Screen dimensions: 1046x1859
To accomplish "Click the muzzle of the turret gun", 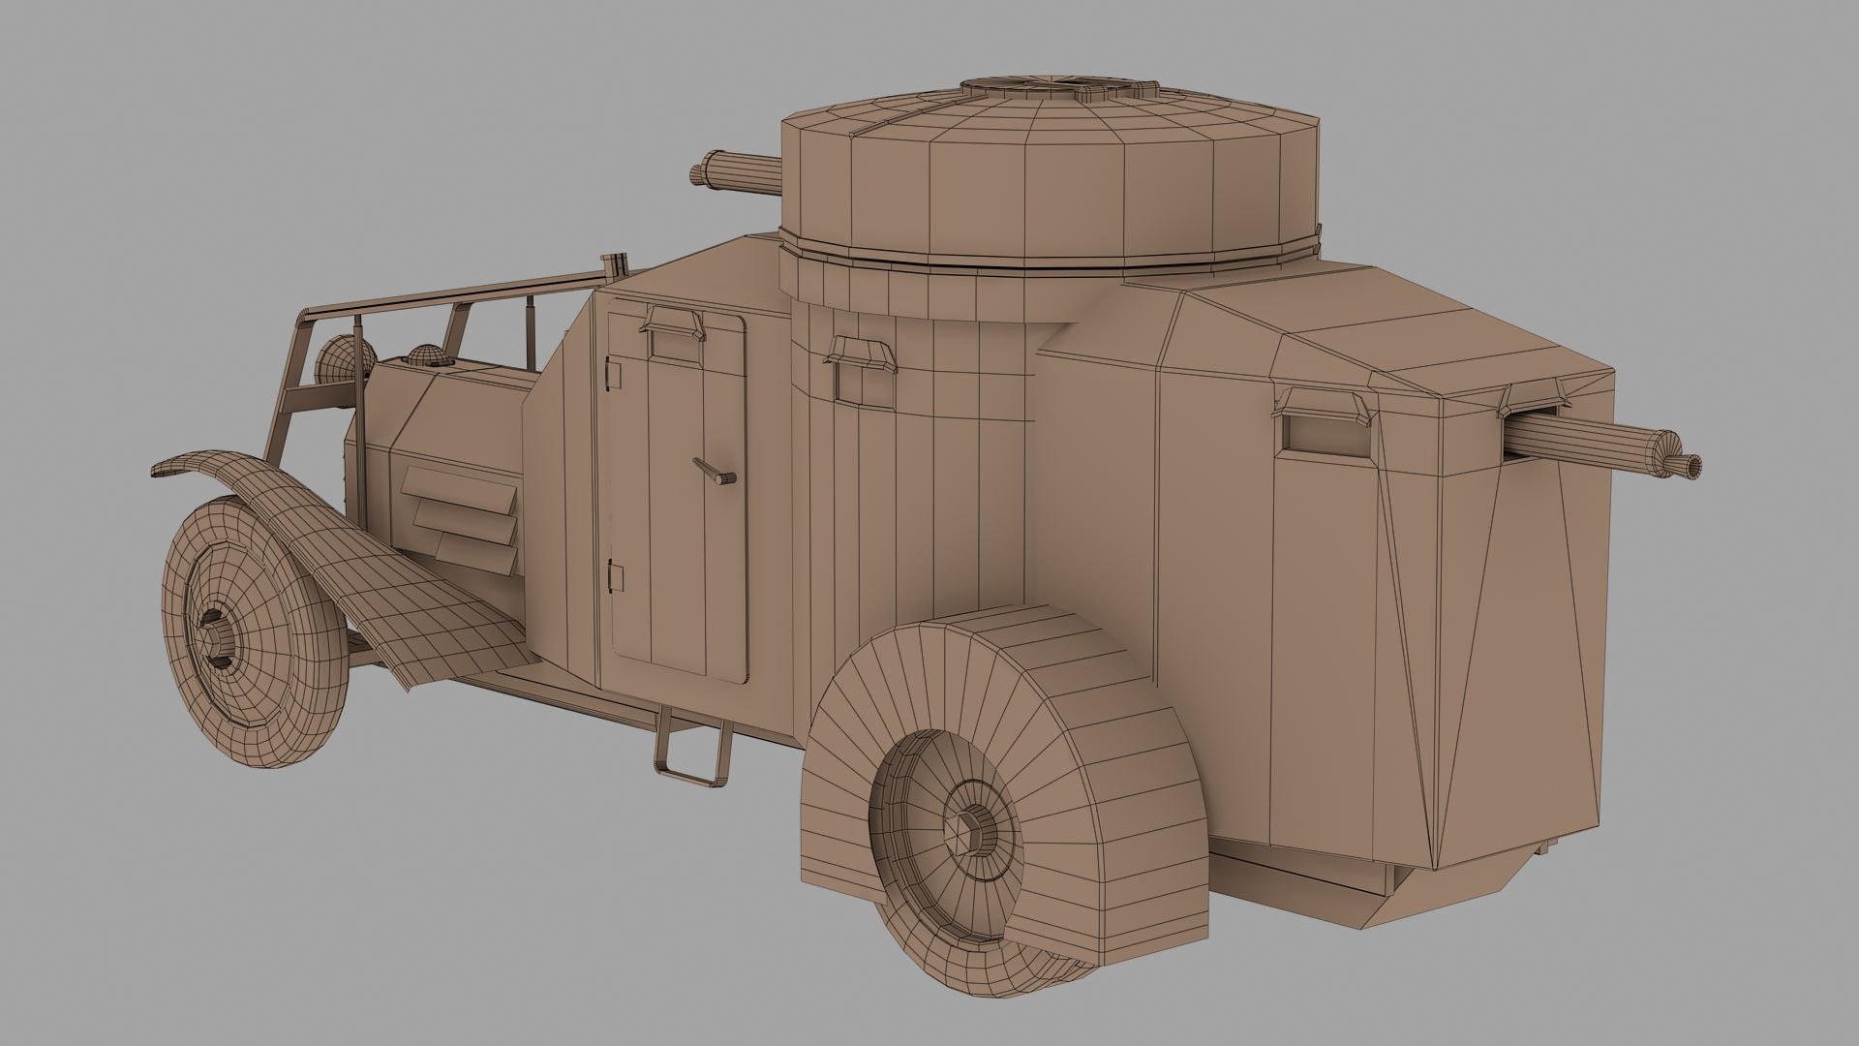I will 697,174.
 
